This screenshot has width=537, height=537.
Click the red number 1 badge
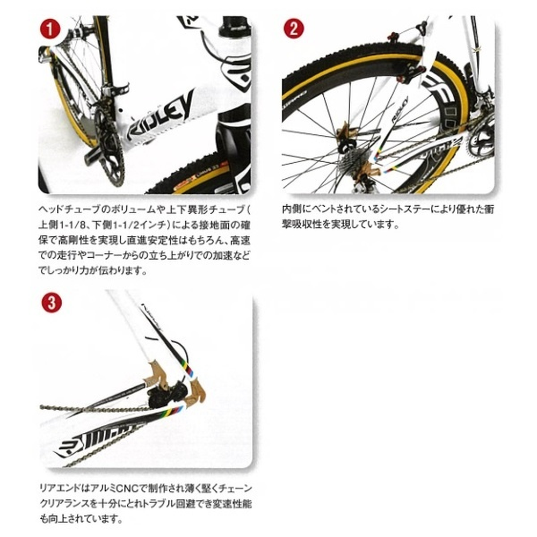[50, 29]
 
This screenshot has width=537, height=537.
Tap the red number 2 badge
[294, 28]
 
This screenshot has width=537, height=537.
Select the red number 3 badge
[52, 302]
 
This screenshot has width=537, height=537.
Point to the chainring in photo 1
[109, 147]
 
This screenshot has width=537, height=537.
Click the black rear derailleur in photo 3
[168, 393]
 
